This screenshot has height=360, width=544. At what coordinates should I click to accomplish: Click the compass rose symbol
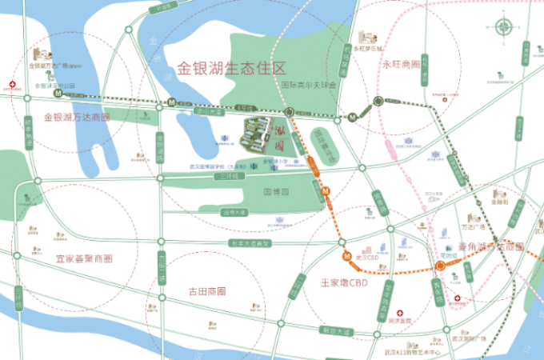[x=505, y=27]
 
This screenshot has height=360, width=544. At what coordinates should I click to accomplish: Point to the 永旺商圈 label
[x=401, y=63]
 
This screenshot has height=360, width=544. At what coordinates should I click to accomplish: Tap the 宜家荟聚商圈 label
[x=84, y=259]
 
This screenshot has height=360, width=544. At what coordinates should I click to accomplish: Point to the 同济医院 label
[x=398, y=320]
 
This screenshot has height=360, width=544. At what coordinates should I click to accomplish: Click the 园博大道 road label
[x=234, y=212]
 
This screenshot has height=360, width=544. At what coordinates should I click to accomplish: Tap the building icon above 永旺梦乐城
[x=366, y=37]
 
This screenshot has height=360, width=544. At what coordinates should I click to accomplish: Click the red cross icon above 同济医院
[x=402, y=310]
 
